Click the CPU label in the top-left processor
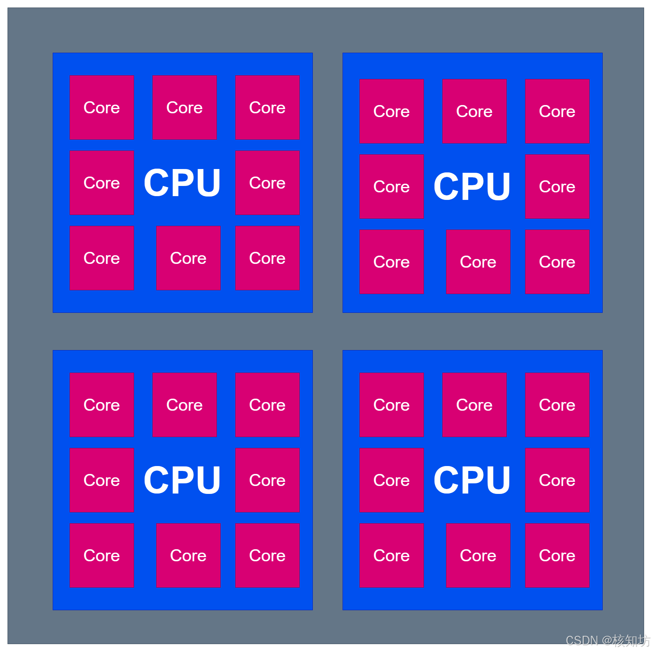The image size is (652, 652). (x=182, y=183)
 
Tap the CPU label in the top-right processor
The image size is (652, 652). (x=472, y=186)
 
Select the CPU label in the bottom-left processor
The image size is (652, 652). (x=182, y=480)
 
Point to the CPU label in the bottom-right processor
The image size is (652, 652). (x=472, y=480)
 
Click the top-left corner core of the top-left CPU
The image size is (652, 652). (x=102, y=107)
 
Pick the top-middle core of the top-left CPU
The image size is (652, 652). (x=184, y=107)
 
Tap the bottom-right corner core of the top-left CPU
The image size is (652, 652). (x=267, y=258)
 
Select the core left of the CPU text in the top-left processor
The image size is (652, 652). (x=102, y=183)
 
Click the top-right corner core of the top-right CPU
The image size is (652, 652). (x=557, y=111)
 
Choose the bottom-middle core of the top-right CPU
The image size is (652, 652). (x=478, y=262)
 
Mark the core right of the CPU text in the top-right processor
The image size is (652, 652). (x=557, y=186)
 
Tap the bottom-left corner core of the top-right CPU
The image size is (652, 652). (x=392, y=262)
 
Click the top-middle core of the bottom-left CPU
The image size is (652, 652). (x=184, y=405)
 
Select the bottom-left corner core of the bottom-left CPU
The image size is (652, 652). (x=102, y=555)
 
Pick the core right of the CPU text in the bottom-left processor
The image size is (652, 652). (x=267, y=480)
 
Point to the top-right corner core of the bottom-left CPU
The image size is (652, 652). (x=267, y=405)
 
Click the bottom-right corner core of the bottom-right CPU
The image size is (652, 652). (x=557, y=555)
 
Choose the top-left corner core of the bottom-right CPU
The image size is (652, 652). (x=392, y=405)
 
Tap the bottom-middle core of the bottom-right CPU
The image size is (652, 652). (x=478, y=555)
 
